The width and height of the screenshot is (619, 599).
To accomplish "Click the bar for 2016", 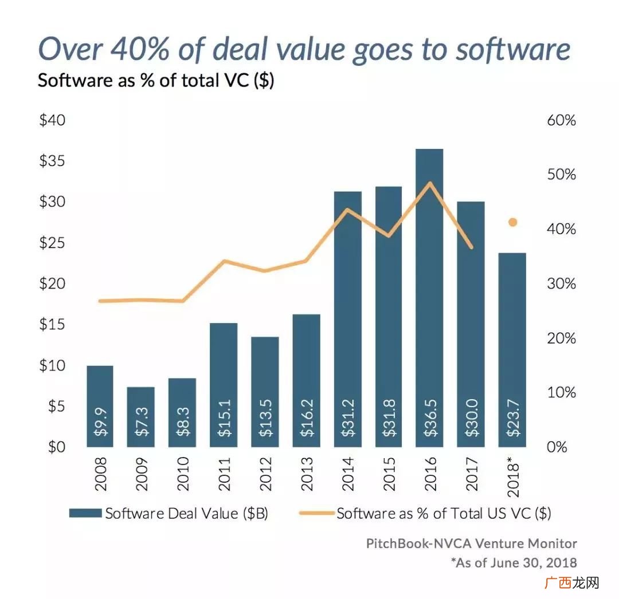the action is tap(429, 298).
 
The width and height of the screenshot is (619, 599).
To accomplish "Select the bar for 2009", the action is tap(140, 417).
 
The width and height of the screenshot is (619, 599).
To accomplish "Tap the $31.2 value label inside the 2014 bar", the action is tap(348, 417).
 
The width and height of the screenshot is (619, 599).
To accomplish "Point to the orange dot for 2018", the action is tap(512, 222).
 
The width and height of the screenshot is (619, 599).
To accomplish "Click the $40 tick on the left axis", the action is tap(52, 120).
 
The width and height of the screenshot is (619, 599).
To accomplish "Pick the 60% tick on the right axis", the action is tap(561, 120).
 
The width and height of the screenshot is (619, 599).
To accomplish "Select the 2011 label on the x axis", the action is tap(224, 474).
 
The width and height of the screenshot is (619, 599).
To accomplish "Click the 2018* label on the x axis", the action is tap(512, 476).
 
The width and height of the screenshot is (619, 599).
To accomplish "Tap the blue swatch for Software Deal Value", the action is tap(85, 513).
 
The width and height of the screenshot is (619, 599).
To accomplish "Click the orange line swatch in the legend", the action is tap(316, 513).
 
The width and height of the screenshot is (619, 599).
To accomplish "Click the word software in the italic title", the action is tap(513, 50).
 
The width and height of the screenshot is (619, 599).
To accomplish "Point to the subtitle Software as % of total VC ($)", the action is tap(156, 80).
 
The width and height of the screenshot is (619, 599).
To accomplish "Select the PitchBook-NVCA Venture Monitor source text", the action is tap(471, 543).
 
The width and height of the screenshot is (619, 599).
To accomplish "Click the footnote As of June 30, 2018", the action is tap(514, 562).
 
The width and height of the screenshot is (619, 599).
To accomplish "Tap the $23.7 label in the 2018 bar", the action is tap(512, 417).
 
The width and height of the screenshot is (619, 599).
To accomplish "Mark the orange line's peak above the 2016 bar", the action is tap(430, 183).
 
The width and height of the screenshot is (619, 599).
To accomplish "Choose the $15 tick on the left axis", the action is tap(52, 324).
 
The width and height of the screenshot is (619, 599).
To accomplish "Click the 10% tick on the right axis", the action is tap(561, 392).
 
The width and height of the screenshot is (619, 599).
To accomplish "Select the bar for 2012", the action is tap(265, 392).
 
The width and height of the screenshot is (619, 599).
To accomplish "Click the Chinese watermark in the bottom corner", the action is tap(571, 582).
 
